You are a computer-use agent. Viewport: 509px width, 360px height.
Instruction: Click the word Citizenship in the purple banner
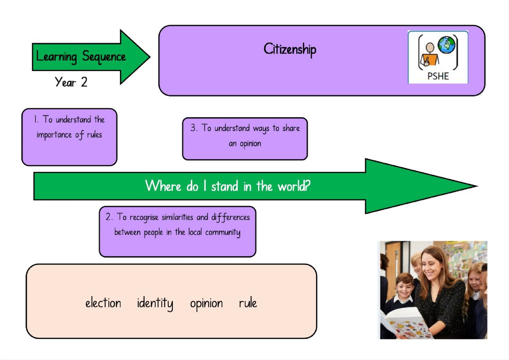pyautogui.click(x=290, y=50)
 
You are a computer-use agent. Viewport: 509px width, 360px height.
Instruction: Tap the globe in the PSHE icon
pyautogui.click(x=446, y=45)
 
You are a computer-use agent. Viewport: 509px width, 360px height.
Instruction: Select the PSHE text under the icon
pyautogui.click(x=438, y=76)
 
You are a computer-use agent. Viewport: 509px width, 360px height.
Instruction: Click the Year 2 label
pyautogui.click(x=71, y=82)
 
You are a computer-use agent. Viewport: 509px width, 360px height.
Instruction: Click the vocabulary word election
pyautogui.click(x=103, y=303)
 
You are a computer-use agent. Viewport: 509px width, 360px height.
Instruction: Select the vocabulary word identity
pyautogui.click(x=155, y=304)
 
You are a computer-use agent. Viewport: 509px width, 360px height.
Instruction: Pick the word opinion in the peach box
pyautogui.click(x=206, y=304)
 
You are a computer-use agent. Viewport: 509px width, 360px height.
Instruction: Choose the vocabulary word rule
pyautogui.click(x=248, y=303)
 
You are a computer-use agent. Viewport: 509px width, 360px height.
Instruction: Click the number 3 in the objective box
pyautogui.click(x=193, y=128)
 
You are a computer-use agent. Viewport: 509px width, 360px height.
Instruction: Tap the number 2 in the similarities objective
pyautogui.click(x=108, y=217)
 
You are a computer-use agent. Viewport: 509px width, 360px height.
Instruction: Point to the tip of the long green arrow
pyautogui.click(x=477, y=186)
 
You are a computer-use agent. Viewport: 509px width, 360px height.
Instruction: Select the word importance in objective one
pyautogui.click(x=54, y=135)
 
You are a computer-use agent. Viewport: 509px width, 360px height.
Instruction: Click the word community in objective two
pyautogui.click(x=223, y=233)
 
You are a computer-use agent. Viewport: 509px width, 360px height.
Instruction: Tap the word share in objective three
pyautogui.click(x=291, y=128)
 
